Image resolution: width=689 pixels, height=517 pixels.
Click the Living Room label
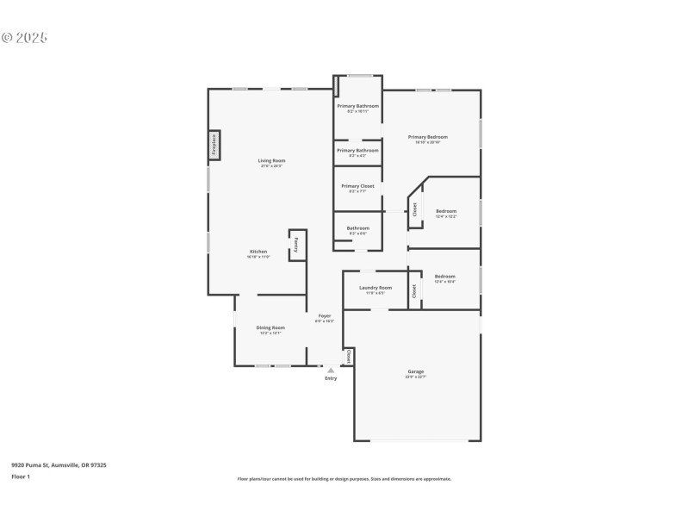tap(271, 160)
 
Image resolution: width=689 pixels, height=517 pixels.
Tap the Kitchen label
tap(258, 252)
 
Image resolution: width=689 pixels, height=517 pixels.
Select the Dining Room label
tap(270, 327)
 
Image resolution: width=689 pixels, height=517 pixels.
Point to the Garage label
tap(416, 372)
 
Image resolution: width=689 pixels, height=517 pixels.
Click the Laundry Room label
tap(376, 288)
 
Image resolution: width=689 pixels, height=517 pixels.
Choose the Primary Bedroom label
tap(428, 137)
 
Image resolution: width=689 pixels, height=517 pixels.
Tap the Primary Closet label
tap(357, 186)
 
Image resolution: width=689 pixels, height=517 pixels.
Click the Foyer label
tap(325, 316)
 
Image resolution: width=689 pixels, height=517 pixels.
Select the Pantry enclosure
tap(297, 244)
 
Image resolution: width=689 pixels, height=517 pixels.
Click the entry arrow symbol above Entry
tap(331, 371)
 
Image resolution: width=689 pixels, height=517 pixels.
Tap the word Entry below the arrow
tap(331, 379)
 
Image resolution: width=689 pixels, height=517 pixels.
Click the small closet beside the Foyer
tap(348, 356)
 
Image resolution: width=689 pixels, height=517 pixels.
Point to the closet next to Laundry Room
tap(414, 290)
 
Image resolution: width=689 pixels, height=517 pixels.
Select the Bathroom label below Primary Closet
tap(357, 228)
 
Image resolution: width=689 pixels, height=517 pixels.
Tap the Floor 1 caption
tap(21, 477)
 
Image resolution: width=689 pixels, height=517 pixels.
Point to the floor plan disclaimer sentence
tap(344, 479)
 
